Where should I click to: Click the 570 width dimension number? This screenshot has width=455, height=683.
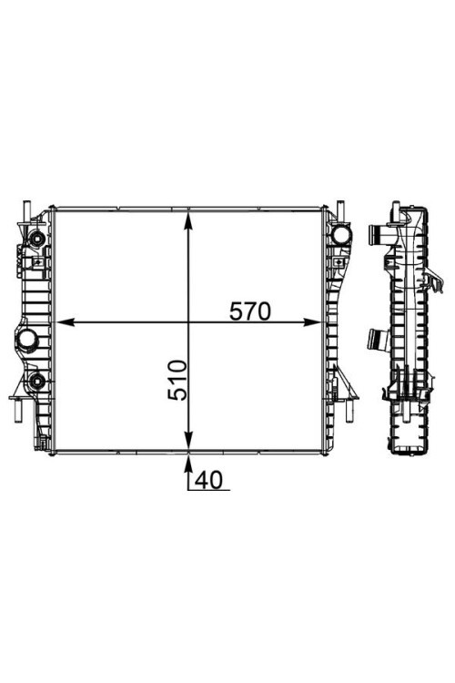click(250, 311)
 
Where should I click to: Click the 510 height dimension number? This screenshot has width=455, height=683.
click(177, 380)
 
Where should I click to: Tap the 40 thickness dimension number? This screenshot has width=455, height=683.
click(208, 480)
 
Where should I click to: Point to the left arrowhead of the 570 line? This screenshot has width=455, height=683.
click(66, 322)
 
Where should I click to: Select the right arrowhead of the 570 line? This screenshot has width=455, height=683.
click(311, 322)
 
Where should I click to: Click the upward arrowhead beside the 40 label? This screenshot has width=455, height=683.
click(188, 464)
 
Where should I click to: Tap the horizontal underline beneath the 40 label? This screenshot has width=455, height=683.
click(208, 491)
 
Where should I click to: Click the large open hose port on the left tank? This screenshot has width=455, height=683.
click(28, 339)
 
